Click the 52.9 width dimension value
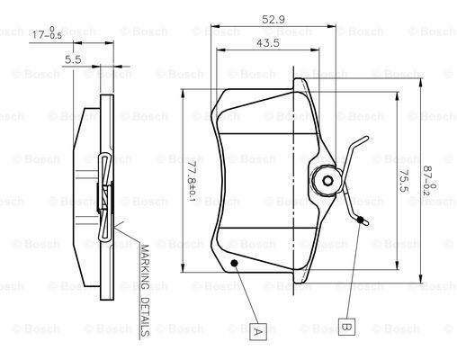click(273, 20)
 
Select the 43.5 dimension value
click(267, 43)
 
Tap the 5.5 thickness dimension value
click(73, 59)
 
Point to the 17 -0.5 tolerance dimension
click(47, 33)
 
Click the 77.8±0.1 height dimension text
click(192, 182)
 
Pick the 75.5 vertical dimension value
click(404, 181)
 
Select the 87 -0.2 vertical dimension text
click(429, 181)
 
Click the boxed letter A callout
click(258, 332)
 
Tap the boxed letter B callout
click(346, 327)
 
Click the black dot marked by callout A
click(234, 263)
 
